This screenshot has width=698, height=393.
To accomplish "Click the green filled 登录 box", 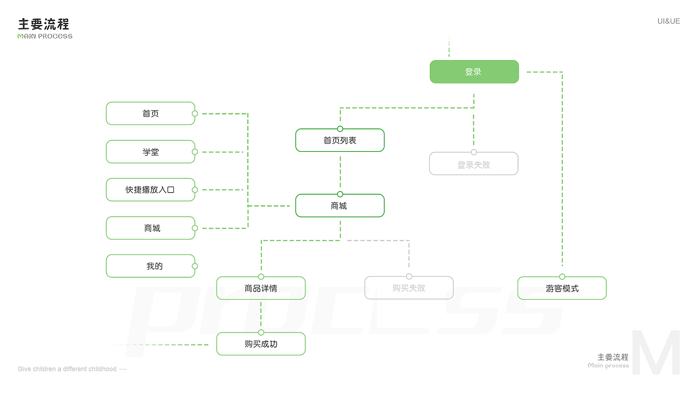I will coord(474,72).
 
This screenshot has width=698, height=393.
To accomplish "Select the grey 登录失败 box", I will coord(473,164).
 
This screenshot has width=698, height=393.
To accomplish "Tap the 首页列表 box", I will coord(340,140).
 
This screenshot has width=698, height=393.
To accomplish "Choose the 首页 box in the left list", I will coord(151,114).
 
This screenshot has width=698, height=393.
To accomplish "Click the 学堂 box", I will coord(151,152).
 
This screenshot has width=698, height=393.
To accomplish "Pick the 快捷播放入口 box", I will coord(151,190).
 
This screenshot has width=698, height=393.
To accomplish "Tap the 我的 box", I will coord(151,266).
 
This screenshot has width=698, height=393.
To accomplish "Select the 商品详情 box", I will coord(261,288).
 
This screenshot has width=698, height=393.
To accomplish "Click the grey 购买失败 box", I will coord(408,288).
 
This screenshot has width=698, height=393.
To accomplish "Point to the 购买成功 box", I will coord(261,344).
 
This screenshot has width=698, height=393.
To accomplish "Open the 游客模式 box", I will coord(562,288).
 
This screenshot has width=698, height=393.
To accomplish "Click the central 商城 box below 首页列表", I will coord(340,206).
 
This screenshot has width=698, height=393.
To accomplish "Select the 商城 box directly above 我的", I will coord(151,228).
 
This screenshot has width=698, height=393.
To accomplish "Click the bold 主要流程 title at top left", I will coord(44,24).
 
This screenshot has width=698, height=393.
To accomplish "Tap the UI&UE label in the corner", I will coord(669,21).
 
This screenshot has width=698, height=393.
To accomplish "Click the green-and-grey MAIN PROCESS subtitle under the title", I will coord(45,37).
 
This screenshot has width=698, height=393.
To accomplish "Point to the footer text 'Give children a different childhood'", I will coord(67,369).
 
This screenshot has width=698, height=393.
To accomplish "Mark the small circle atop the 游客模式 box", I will coord(562,277).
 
